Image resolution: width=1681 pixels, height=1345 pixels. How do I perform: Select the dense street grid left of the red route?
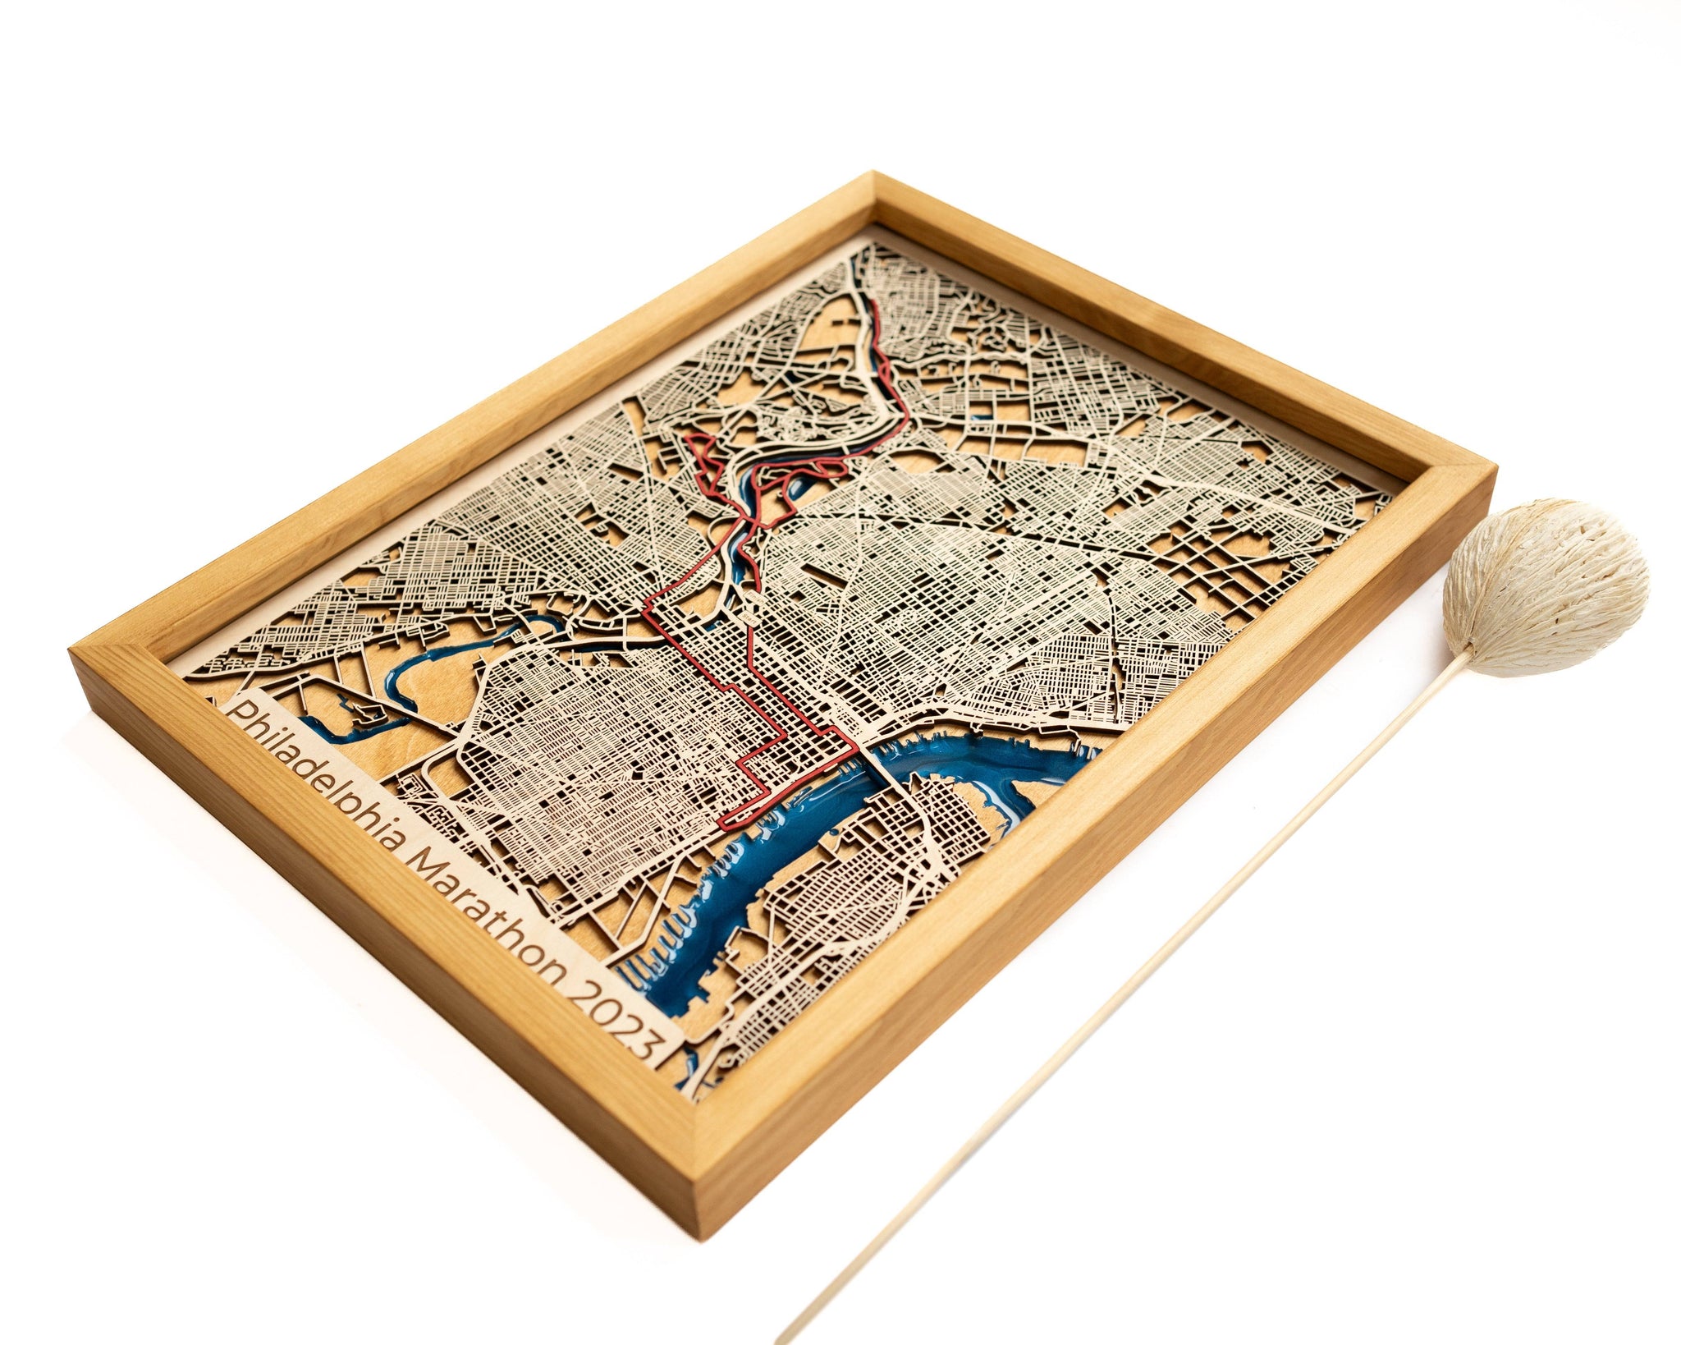pos(591,739)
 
